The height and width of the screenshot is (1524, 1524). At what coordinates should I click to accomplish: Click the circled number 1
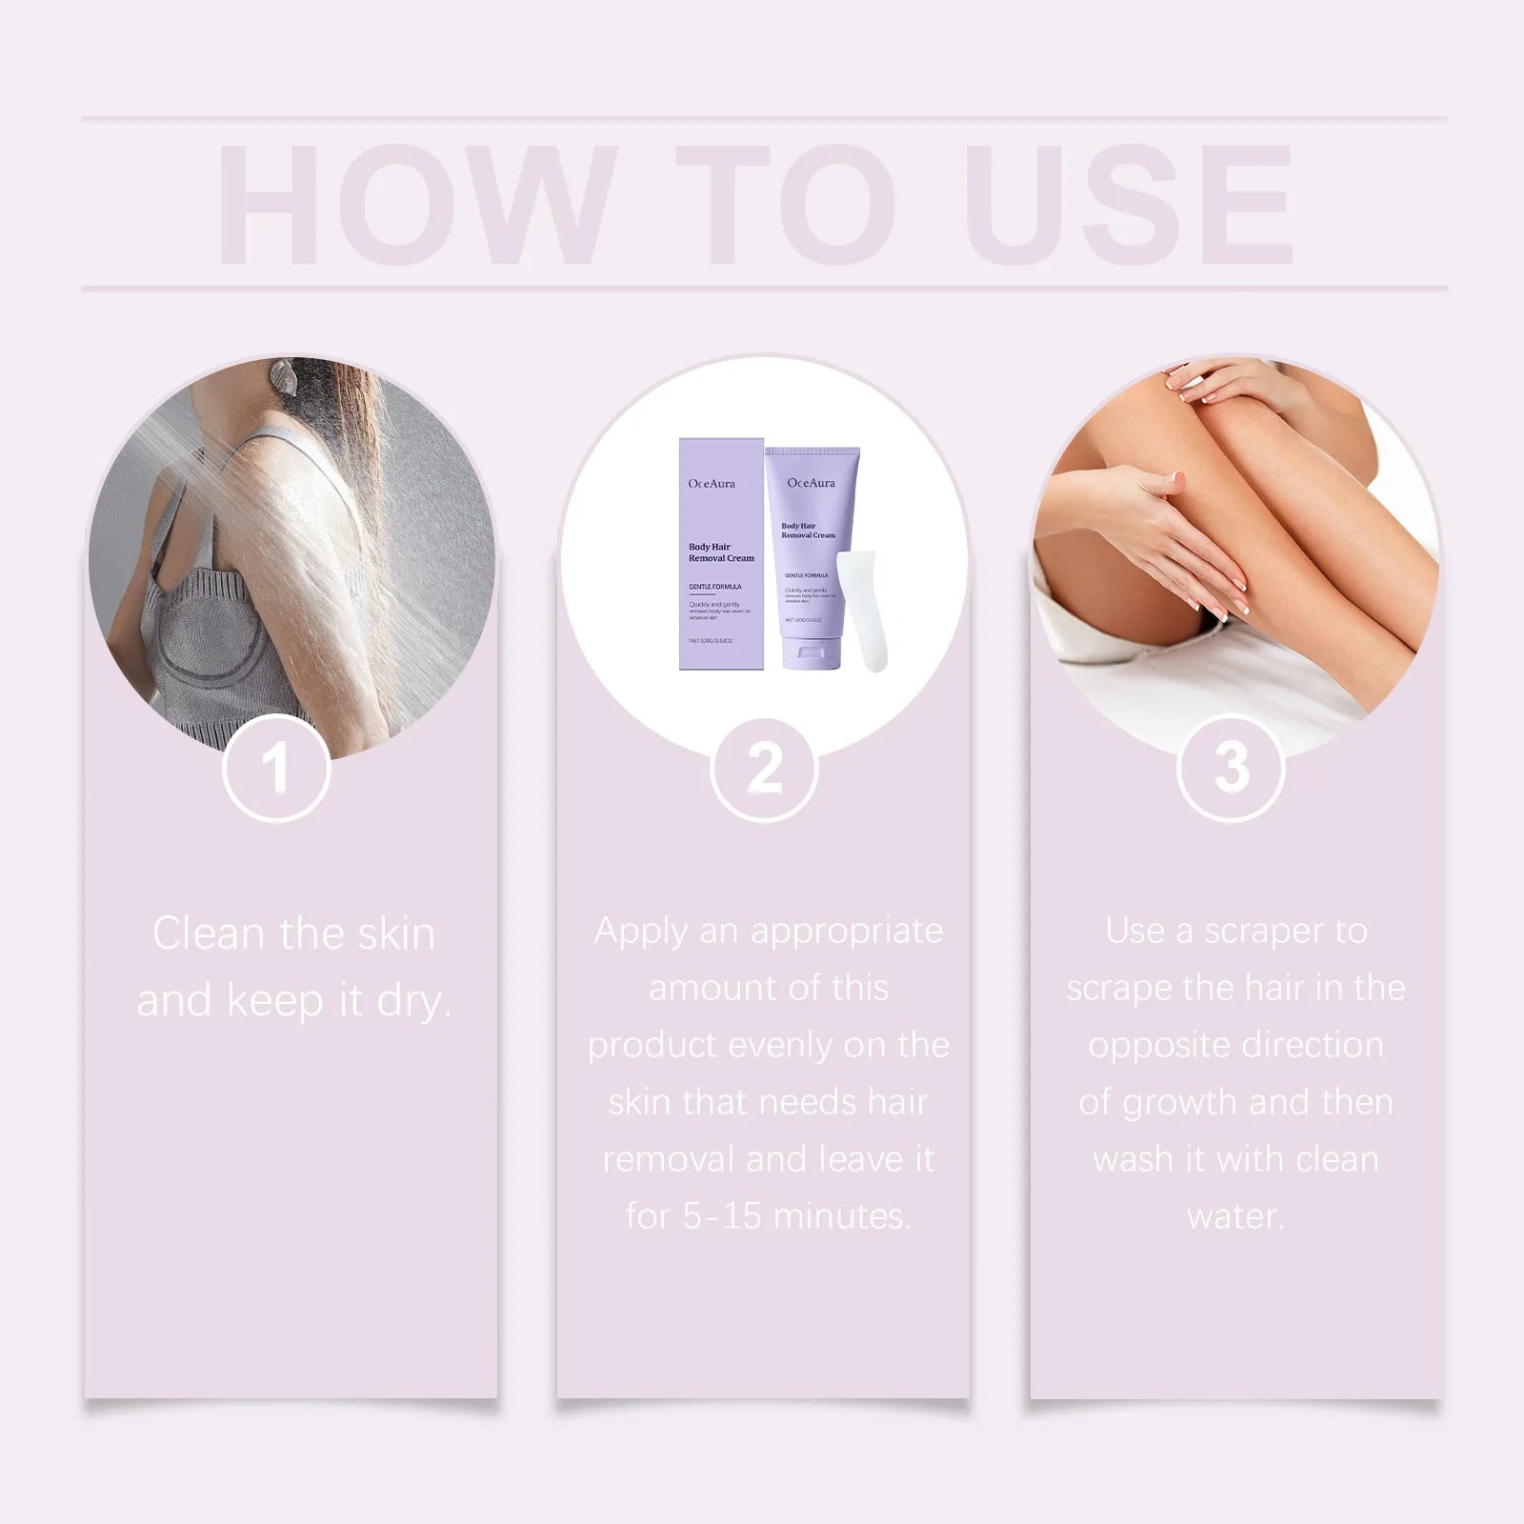pyautogui.click(x=276, y=768)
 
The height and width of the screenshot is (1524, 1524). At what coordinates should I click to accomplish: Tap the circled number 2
pyautogui.click(x=764, y=768)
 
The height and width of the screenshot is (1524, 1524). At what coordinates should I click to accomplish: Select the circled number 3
pyautogui.click(x=1231, y=768)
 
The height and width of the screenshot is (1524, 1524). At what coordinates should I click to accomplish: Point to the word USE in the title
pyautogui.click(x=1133, y=205)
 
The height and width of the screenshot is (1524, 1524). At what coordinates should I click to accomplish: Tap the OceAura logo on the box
pyautogui.click(x=712, y=484)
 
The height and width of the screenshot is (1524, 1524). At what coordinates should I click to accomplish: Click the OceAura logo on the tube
pyautogui.click(x=811, y=483)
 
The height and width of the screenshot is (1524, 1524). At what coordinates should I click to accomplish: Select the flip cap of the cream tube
pyautogui.click(x=810, y=656)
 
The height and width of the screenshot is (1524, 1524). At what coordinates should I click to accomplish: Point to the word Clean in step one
pyautogui.click(x=209, y=933)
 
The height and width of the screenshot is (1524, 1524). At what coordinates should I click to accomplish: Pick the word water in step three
pyautogui.click(x=1235, y=1216)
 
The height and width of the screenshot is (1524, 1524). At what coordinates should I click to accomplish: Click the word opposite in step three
pyautogui.click(x=1153, y=1046)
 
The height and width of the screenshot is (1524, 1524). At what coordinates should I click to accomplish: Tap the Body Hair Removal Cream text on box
pyautogui.click(x=720, y=552)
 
